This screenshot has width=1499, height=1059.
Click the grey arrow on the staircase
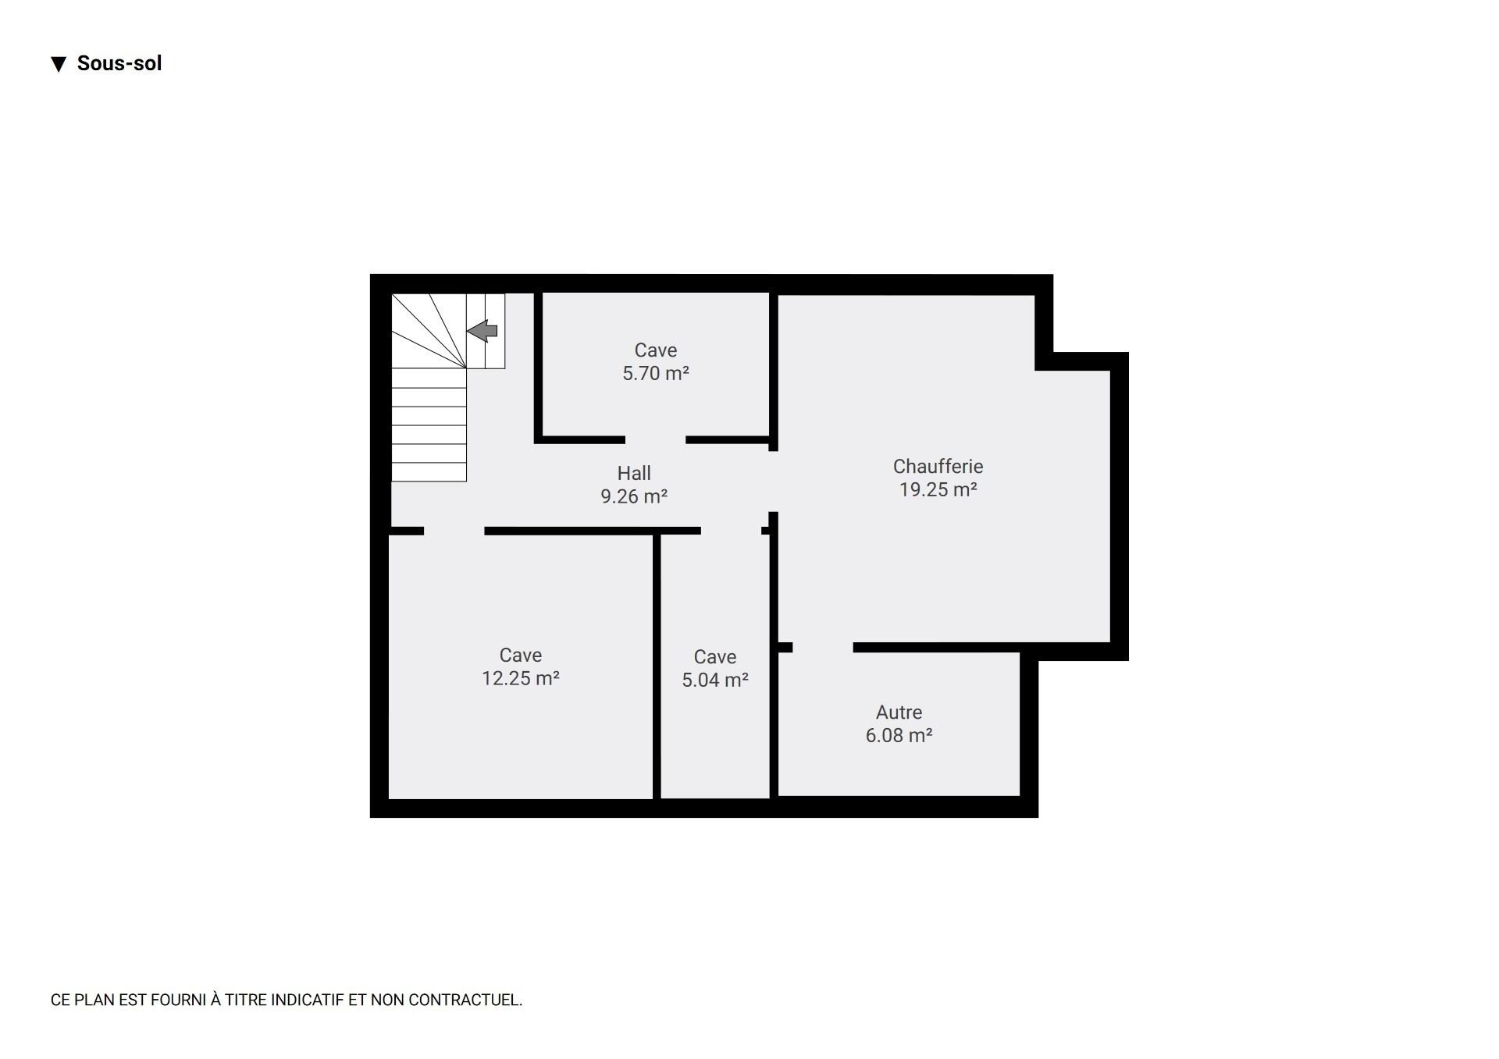(482, 331)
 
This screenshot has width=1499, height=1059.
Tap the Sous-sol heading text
(119, 63)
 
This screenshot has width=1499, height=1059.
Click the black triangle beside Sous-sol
(59, 64)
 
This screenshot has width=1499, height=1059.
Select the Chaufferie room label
(938, 467)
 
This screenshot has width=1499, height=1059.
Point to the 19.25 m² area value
(938, 489)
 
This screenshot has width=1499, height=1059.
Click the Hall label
(634, 473)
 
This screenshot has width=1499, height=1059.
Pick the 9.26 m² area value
(634, 496)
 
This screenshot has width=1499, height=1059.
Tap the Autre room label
(899, 713)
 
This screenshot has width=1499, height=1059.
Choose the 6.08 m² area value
(899, 735)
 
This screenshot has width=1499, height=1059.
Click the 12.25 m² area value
(521, 678)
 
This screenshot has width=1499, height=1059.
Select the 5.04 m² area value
(715, 680)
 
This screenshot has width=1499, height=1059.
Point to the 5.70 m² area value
(656, 373)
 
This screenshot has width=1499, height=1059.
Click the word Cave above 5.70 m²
(656, 350)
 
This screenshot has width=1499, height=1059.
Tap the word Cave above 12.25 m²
(521, 656)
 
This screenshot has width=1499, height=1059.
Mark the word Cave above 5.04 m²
(715, 657)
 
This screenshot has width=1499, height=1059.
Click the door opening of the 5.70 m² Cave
(656, 440)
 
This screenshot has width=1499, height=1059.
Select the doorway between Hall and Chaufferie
(774, 482)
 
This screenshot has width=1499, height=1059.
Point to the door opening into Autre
(823, 647)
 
